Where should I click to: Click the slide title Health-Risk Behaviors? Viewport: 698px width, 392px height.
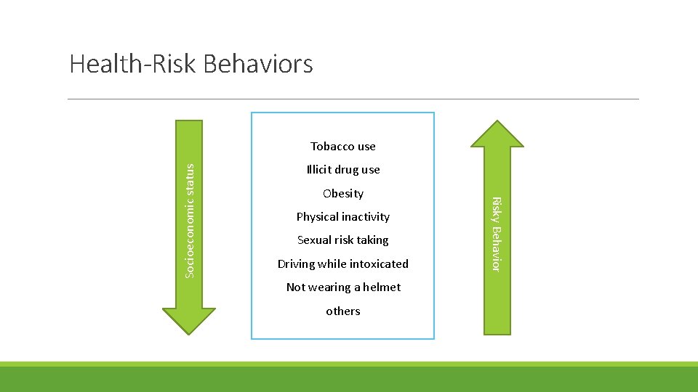[x=191, y=64]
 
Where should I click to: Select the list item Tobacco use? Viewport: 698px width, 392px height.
[x=342, y=147]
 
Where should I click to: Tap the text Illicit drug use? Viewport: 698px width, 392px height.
[x=342, y=170]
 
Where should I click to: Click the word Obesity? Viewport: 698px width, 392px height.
[x=342, y=194]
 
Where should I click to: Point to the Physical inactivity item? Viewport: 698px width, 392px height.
[x=342, y=217]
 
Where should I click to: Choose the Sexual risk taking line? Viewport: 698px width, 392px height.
[x=342, y=240]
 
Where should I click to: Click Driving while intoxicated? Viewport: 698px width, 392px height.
[x=342, y=264]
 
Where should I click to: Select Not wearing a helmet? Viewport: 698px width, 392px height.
[x=342, y=287]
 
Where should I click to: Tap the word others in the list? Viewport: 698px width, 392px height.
[x=342, y=311]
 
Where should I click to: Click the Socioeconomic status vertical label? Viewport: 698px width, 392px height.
[x=190, y=219]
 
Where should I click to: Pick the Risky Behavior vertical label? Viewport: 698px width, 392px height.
[x=496, y=234]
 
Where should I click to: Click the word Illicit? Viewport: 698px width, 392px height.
[x=318, y=170]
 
